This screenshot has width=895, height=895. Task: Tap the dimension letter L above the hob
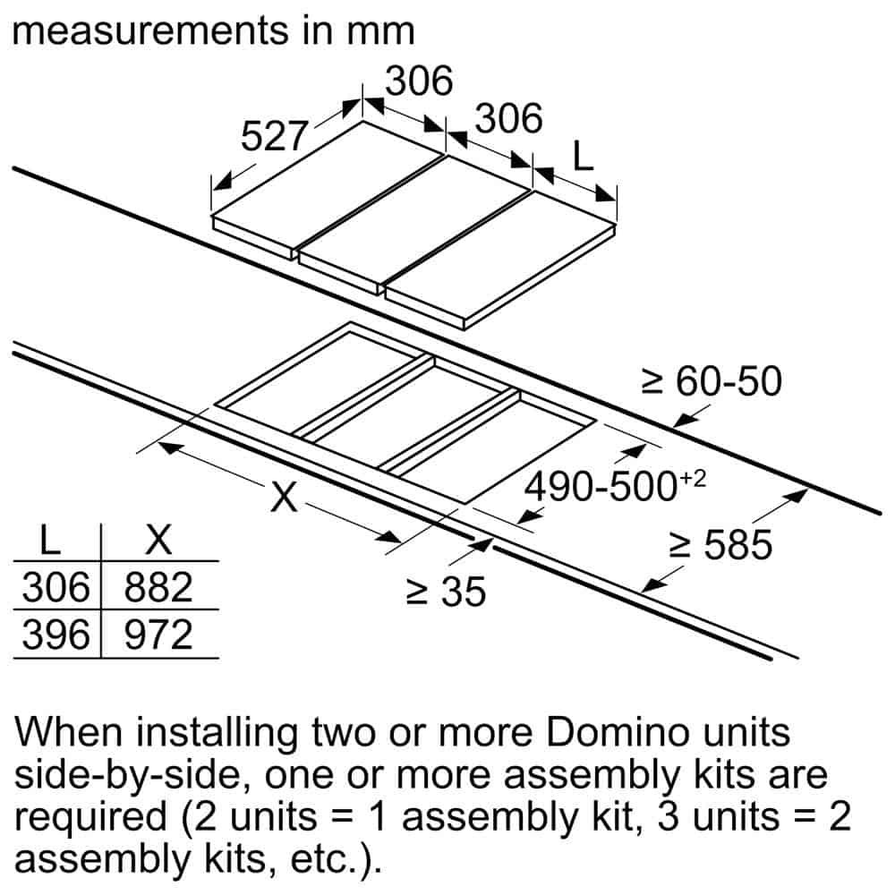tap(583, 158)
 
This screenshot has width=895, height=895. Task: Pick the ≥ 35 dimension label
tap(445, 592)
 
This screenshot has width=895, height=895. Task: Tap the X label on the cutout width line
tap(284, 498)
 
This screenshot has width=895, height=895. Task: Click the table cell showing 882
tap(158, 587)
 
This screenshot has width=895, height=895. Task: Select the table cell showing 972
tap(158, 635)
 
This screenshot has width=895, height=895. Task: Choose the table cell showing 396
tap(55, 635)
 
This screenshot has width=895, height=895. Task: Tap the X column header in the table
tap(158, 540)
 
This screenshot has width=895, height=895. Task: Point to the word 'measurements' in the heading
tap(151, 31)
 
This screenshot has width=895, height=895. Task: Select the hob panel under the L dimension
tap(501, 260)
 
